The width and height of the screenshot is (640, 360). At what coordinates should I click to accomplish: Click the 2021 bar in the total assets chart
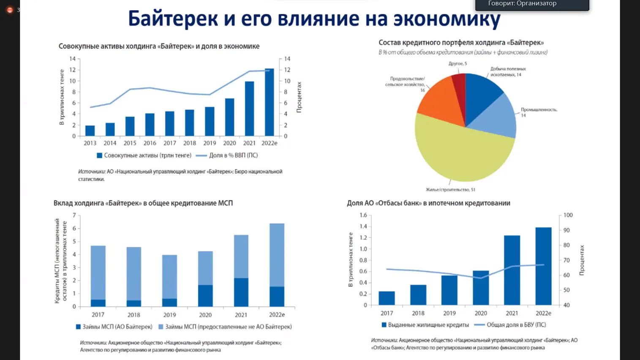(249, 109)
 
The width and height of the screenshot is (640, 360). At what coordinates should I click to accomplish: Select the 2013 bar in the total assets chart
(90, 131)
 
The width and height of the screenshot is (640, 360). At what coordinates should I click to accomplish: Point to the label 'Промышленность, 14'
(539, 112)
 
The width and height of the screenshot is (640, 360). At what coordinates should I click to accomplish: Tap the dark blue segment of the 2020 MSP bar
(205, 296)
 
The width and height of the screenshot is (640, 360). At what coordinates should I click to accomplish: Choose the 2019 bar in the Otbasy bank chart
(449, 290)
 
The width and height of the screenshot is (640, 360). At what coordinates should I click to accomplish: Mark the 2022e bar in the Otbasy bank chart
(543, 266)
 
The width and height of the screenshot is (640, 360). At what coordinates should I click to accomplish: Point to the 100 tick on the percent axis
(568, 215)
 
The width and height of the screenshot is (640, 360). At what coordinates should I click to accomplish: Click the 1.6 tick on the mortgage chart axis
(363, 215)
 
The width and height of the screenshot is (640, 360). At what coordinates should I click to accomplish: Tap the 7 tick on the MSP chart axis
(74, 215)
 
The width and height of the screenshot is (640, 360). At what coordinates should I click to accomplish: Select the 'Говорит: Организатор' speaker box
(532, 4)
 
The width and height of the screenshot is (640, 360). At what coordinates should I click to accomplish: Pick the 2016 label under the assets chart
(150, 143)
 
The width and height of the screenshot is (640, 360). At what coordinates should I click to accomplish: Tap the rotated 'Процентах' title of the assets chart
(299, 97)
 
